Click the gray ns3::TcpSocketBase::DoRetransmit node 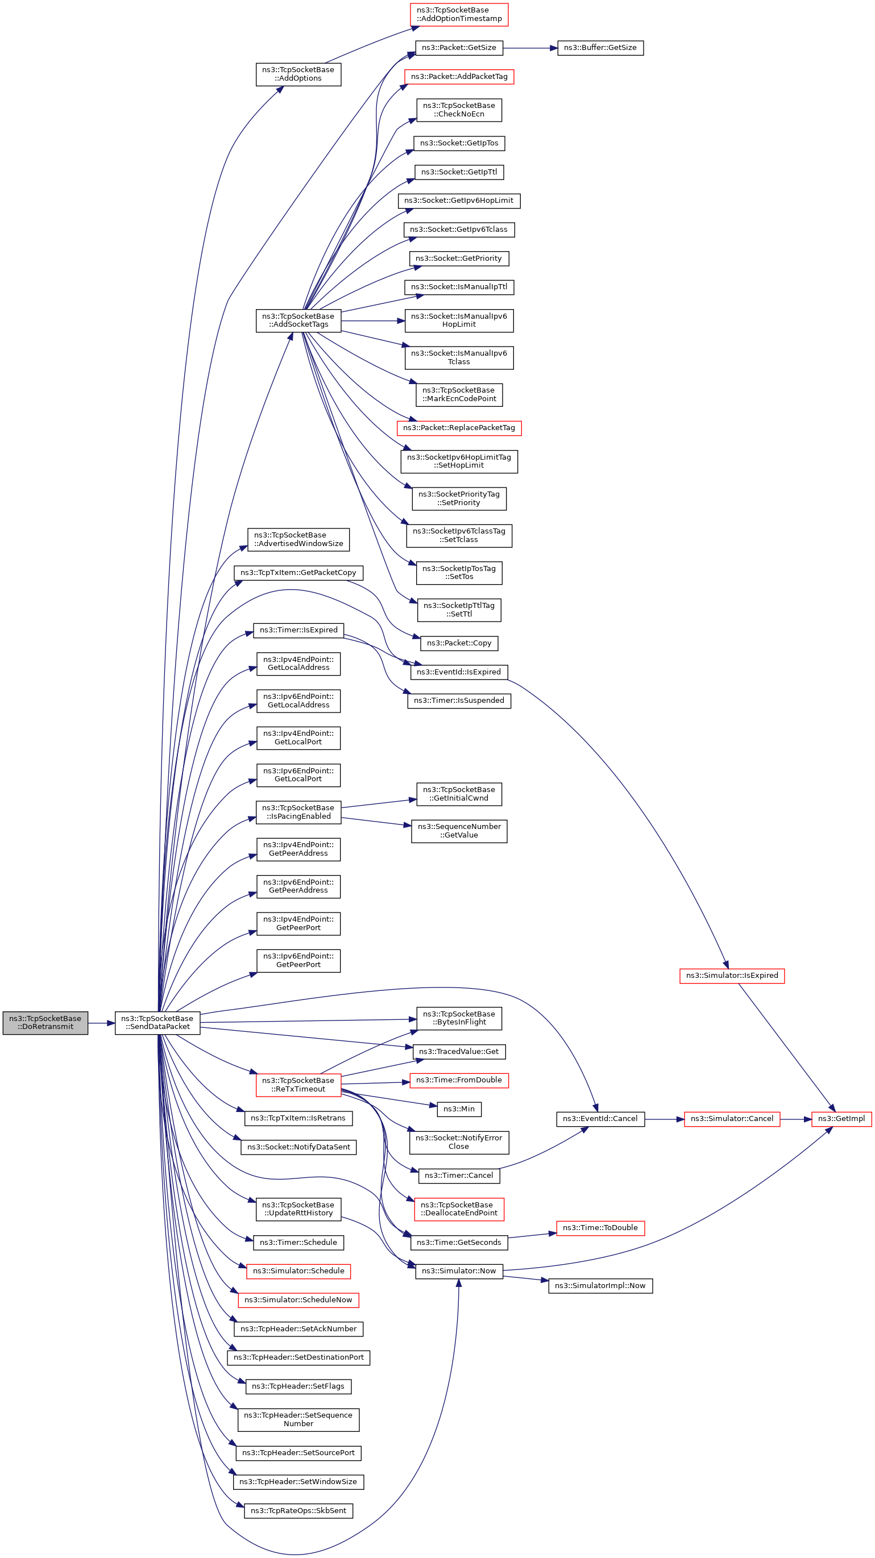(45, 1023)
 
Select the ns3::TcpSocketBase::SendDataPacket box (157, 1023)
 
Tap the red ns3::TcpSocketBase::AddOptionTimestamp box (459, 15)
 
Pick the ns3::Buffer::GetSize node (600, 48)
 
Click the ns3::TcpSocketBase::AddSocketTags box (298, 320)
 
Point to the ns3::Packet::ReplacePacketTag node (459, 428)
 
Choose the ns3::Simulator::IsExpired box (732, 976)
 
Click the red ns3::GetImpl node (841, 1119)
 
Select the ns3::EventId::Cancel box (600, 1119)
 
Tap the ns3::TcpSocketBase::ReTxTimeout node (298, 1085)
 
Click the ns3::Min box (459, 1109)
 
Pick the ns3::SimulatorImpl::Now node (600, 1286)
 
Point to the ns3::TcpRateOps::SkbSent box (298, 1511)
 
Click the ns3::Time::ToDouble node (600, 1228)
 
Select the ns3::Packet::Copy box (459, 644)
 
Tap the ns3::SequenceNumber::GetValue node (459, 832)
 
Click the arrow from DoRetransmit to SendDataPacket (102, 1023)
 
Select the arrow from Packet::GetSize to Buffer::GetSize (530, 48)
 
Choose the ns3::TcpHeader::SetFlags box (298, 1386)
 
